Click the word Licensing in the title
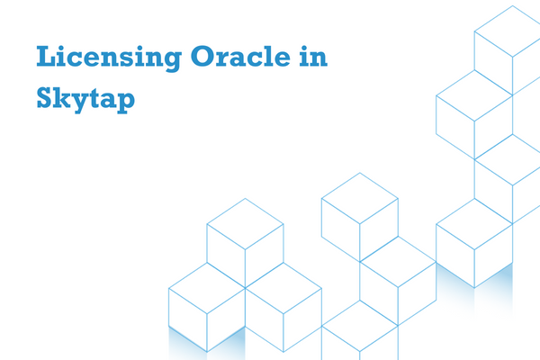pyautogui.click(x=109, y=58)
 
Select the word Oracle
pyautogui.click(x=240, y=56)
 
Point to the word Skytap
pyautogui.click(x=85, y=99)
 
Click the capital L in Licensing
pyautogui.click(x=46, y=56)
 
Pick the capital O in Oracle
pyautogui.click(x=202, y=56)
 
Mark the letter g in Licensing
pyautogui.click(x=171, y=61)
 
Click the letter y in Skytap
pyautogui.click(x=81, y=103)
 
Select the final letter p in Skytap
pyautogui.click(x=125, y=103)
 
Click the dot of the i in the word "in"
pyautogui.click(x=304, y=47)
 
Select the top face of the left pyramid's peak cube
pyautogui.click(x=245, y=224)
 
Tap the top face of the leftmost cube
pyautogui.click(x=207, y=288)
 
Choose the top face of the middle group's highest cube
pyautogui.click(x=360, y=198)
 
